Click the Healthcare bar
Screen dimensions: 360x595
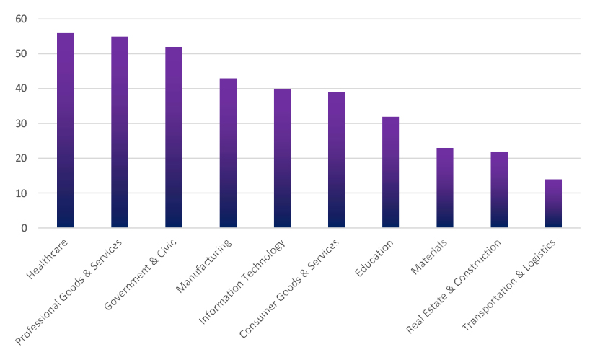tap(65, 131)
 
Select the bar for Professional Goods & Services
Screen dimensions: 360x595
tap(119, 133)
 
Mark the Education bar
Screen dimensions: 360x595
tap(390, 172)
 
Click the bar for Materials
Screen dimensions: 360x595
tap(445, 188)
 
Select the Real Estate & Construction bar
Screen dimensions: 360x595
tap(499, 190)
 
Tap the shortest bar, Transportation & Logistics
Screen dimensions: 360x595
tap(553, 203)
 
